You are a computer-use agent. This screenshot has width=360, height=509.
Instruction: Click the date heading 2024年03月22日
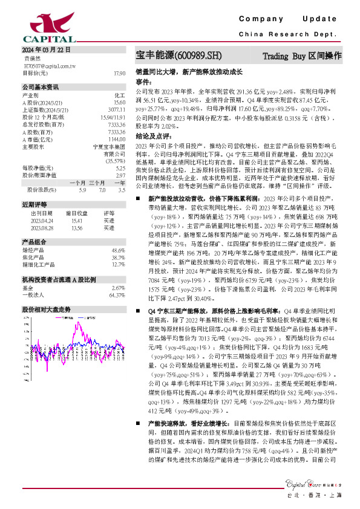pos(47,50)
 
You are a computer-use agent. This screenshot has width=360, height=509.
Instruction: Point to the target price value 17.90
pos(119,73)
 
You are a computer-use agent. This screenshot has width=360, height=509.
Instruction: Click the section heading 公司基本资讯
pos(41,86)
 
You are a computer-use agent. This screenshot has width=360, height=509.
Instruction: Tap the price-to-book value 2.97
pos(120,175)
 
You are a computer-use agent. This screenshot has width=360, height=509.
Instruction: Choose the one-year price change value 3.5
pos(122,190)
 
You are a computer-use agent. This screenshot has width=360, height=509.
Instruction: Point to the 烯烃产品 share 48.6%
pos(117,250)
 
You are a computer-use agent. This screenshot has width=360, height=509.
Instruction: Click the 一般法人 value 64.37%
pos(116,296)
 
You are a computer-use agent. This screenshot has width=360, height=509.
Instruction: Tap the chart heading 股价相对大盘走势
pos(46,310)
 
